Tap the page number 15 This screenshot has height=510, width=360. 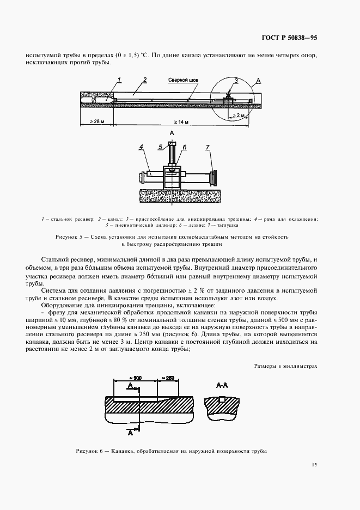[314, 465]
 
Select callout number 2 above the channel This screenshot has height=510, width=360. [144, 80]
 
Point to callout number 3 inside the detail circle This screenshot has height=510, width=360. [236, 81]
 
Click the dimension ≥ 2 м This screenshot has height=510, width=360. [238, 116]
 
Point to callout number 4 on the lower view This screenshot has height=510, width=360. [141, 147]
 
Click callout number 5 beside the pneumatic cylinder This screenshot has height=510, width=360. [161, 147]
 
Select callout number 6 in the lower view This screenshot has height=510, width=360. [185, 147]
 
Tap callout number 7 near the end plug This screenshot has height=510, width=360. [207, 147]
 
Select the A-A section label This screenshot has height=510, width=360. [222, 385]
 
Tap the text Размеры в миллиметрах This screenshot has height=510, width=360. [285, 367]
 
